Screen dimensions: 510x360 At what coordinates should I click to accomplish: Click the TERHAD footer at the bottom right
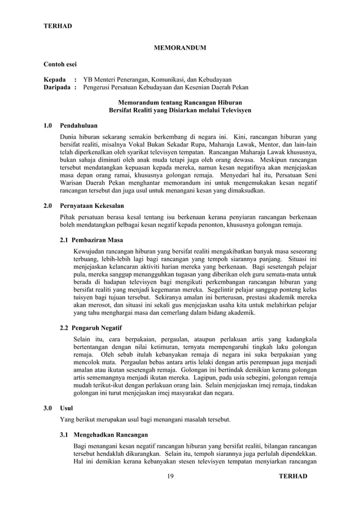click(293, 477)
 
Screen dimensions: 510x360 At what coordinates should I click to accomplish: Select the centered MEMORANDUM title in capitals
click(180, 48)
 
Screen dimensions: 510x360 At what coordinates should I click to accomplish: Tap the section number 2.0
click(49, 206)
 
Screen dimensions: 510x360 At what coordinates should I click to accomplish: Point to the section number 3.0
click(49, 407)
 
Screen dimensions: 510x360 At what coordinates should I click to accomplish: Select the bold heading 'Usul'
click(67, 407)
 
